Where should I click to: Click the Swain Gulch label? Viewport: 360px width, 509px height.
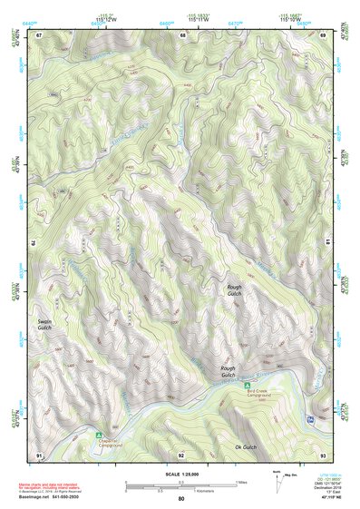pyautogui.click(x=45, y=327)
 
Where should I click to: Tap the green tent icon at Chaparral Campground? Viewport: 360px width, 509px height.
pyautogui.click(x=99, y=435)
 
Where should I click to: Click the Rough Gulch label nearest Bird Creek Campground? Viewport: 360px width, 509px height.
pyautogui.click(x=228, y=372)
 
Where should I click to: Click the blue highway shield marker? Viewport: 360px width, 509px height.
pyautogui.click(x=311, y=419)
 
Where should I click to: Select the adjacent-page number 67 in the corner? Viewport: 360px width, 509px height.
pyautogui.click(x=39, y=34)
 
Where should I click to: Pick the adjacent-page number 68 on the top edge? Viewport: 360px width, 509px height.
pyautogui.click(x=182, y=34)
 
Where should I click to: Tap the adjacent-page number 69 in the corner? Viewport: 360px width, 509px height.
pyautogui.click(x=324, y=34)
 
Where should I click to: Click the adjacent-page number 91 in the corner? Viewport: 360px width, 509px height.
pyautogui.click(x=39, y=455)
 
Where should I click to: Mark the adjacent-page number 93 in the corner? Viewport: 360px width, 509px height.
pyautogui.click(x=324, y=455)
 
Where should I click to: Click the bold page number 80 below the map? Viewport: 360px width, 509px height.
pyautogui.click(x=181, y=498)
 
